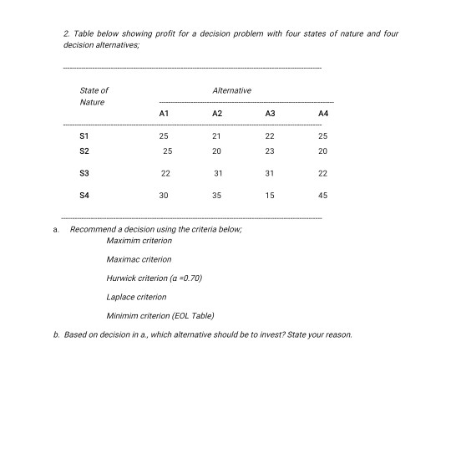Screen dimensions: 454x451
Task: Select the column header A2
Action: (x=217, y=113)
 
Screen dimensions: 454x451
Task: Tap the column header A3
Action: (x=269, y=113)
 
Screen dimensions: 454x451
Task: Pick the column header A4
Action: (x=323, y=113)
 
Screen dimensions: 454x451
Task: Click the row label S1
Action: (x=84, y=135)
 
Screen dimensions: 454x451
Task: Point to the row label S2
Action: (x=84, y=151)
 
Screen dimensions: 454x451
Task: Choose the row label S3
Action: (x=84, y=173)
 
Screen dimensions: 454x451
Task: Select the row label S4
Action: (x=84, y=195)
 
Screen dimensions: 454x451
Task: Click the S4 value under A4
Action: (x=323, y=195)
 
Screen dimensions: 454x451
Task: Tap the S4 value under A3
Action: (x=269, y=195)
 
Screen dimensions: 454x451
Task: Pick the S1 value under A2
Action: (x=217, y=135)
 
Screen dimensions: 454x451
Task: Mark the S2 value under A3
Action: (x=269, y=151)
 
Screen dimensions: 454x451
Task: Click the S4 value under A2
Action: (x=217, y=195)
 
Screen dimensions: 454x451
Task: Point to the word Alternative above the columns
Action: (x=232, y=90)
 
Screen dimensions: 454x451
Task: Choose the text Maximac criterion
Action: (x=139, y=259)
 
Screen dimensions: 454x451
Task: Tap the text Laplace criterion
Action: (x=137, y=297)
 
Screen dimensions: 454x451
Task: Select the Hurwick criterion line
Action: (x=155, y=278)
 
